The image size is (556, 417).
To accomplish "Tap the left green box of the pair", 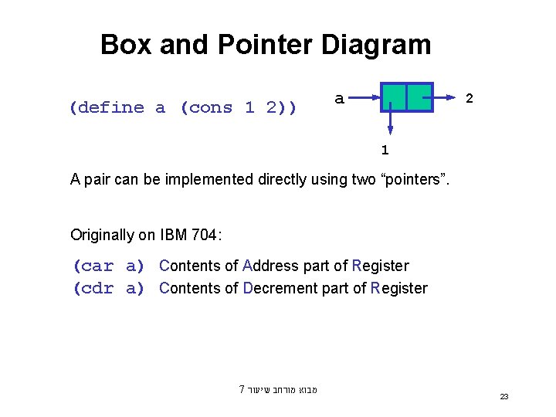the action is click(394, 97).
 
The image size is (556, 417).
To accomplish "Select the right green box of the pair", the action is click(419, 97).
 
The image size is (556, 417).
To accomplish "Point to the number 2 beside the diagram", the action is click(469, 99).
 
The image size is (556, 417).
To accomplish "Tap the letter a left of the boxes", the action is click(339, 98).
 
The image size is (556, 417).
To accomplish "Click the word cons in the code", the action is click(211, 107).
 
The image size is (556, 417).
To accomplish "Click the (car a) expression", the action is click(109, 266).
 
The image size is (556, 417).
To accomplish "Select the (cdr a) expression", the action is click(109, 289).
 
